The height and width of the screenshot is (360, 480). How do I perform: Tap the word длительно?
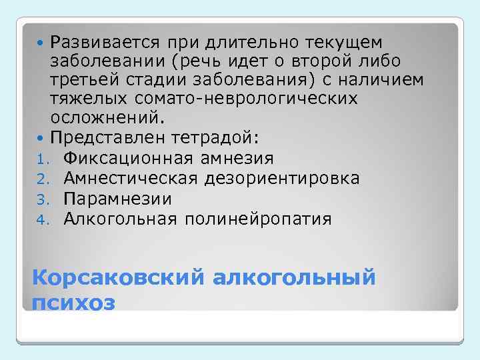coord(243,43)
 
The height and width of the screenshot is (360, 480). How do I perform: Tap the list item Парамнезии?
coord(117,199)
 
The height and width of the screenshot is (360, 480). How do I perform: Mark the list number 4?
coord(39,219)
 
